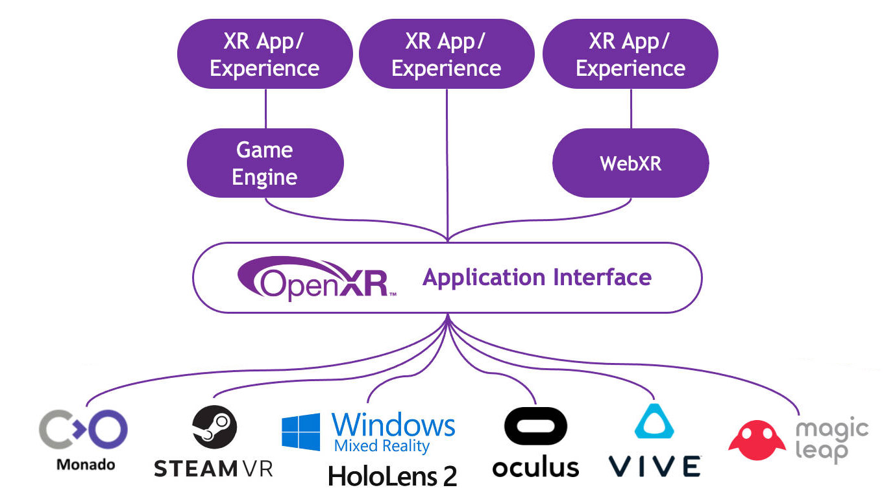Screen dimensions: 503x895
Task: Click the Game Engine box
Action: (265, 163)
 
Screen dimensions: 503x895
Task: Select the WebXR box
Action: (630, 163)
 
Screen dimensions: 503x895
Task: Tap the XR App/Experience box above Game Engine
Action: (265, 54)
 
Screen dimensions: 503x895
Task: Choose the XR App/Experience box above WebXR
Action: (630, 54)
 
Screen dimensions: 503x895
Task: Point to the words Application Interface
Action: (537, 277)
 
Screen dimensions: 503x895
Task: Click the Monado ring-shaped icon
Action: (84, 429)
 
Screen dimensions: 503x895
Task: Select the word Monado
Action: (86, 464)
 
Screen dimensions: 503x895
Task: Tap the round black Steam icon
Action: (214, 428)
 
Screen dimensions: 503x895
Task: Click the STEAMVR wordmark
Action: (214, 469)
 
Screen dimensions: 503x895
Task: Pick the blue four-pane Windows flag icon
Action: (301, 432)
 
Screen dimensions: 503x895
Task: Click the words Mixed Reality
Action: (382, 446)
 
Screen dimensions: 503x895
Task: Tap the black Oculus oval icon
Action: (535, 427)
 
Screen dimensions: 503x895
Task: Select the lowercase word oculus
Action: (535, 467)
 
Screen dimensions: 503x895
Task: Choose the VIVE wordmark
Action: (655, 466)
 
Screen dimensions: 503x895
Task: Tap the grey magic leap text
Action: (831, 440)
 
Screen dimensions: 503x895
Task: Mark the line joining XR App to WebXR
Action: (631, 108)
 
